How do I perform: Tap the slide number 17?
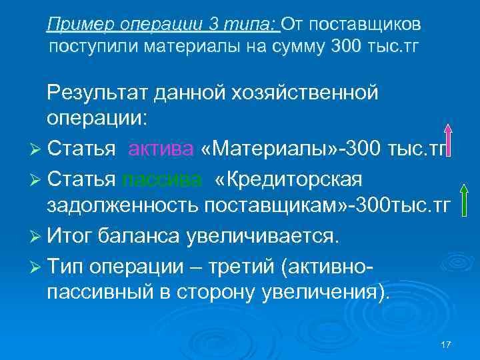447,344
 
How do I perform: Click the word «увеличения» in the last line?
325,292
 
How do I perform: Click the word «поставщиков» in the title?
364,25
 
